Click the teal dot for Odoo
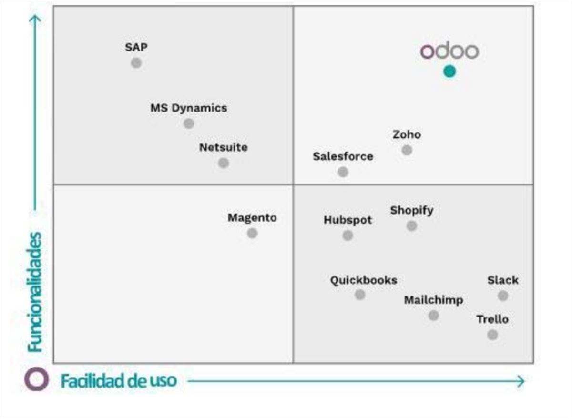(449, 72)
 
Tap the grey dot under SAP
(136, 63)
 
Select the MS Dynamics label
(189, 108)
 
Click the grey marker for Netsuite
(224, 163)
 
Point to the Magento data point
(252, 233)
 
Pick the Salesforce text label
(343, 156)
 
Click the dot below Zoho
(407, 150)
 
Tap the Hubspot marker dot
(348, 235)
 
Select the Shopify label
(412, 210)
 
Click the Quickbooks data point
(360, 295)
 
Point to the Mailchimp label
(433, 300)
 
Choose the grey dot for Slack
(503, 296)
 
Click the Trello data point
(492, 335)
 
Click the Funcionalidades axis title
(35, 292)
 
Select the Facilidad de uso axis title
(118, 381)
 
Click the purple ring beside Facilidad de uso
(37, 379)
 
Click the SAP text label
(136, 47)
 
